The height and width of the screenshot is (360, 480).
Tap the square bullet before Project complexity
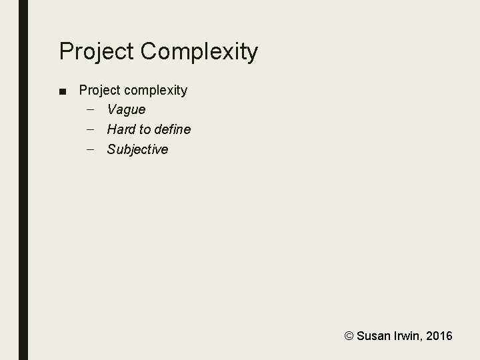[x=63, y=90]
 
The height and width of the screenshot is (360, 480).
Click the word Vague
[x=126, y=109]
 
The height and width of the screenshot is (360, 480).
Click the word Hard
[x=121, y=129]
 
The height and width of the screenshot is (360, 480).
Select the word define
[x=172, y=129]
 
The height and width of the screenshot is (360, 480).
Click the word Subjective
[x=137, y=149]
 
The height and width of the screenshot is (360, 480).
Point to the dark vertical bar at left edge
[x=23, y=180]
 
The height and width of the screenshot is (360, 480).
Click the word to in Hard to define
[x=144, y=129]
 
